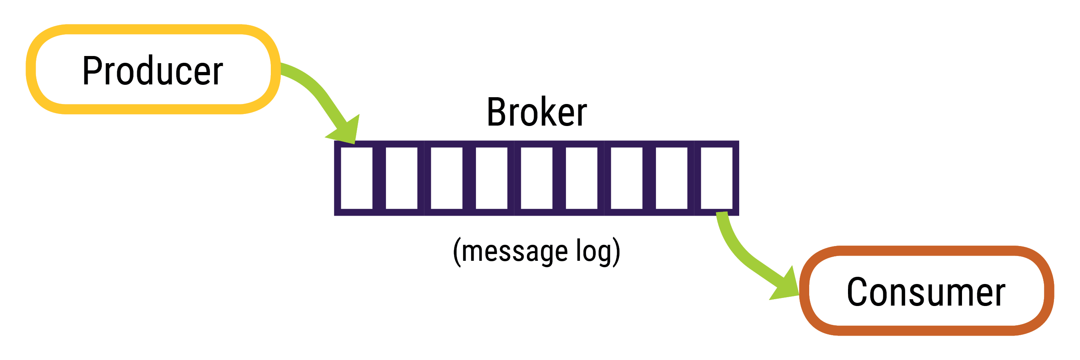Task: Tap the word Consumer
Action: pos(926,292)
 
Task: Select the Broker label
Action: pos(536,112)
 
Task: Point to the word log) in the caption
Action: pos(598,252)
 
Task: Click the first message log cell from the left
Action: pos(356,178)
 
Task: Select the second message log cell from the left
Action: pos(401,178)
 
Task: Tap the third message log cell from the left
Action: pos(446,178)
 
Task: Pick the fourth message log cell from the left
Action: pos(491,178)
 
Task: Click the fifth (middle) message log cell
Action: pos(536,178)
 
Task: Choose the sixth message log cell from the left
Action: pos(582,178)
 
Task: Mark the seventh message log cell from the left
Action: pos(626,178)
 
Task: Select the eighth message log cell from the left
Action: pos(671,178)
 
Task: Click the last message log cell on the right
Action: pos(716,178)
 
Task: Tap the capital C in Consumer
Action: pos(857,292)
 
